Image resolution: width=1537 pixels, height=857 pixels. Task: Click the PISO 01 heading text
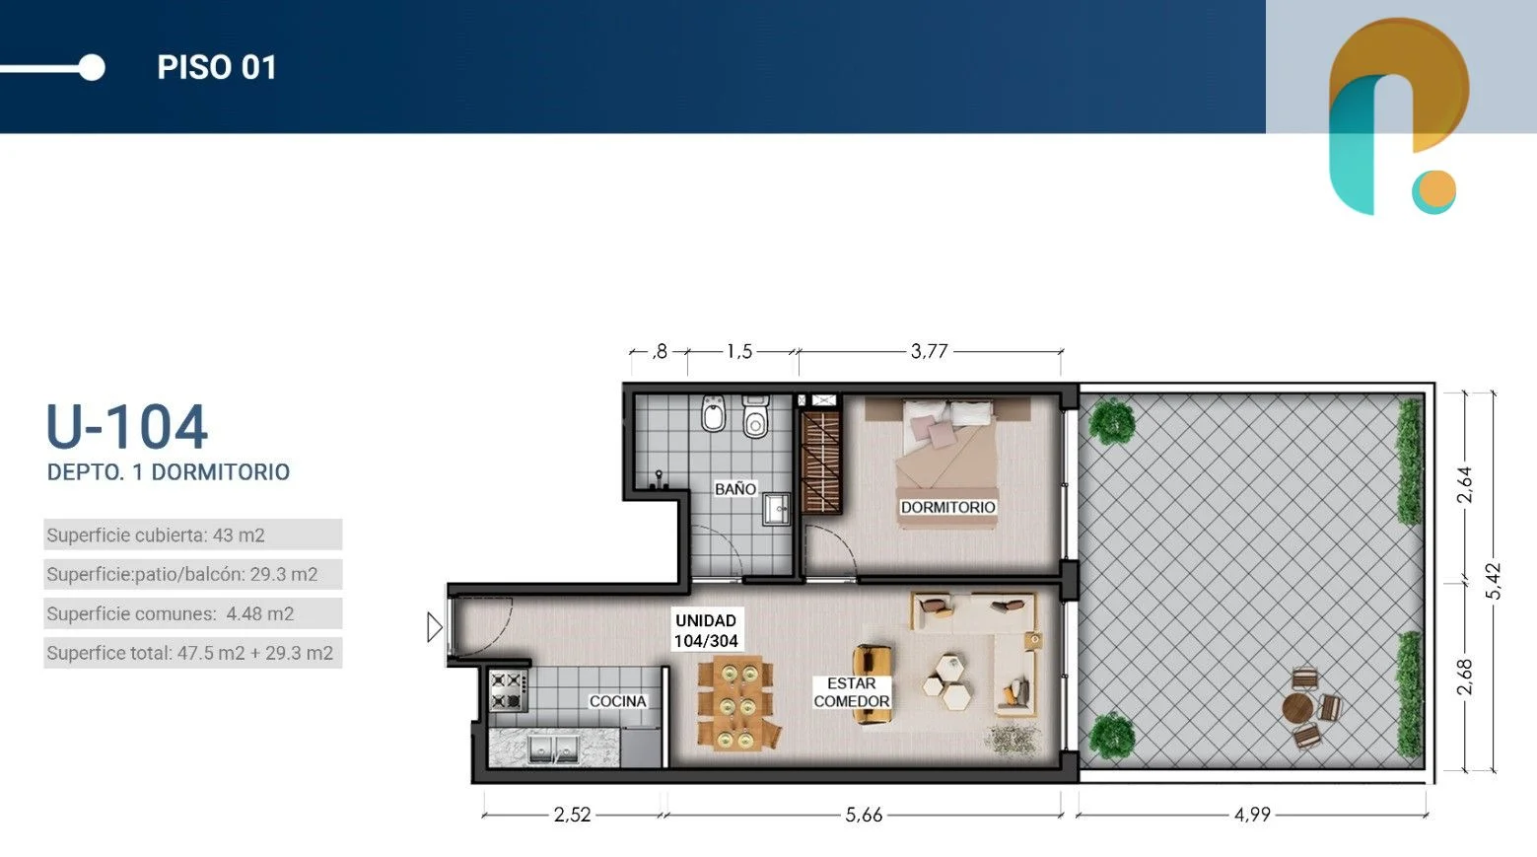point(217,68)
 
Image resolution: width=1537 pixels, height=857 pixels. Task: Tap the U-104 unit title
point(127,427)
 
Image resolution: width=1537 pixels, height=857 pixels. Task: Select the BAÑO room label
point(734,489)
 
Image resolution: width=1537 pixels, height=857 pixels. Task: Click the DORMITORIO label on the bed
point(947,507)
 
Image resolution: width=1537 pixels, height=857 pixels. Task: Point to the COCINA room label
point(617,701)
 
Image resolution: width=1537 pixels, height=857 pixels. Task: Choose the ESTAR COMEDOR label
point(852,692)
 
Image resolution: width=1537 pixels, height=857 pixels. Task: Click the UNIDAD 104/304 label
point(706,630)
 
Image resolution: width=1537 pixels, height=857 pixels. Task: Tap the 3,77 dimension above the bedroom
point(929,351)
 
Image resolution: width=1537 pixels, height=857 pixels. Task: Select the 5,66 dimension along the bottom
point(864,815)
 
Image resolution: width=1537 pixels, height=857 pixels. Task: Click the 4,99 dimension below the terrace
point(1252,815)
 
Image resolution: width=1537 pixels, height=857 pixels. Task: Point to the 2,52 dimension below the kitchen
point(572,815)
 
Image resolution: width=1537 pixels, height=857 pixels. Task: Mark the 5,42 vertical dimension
point(1494,581)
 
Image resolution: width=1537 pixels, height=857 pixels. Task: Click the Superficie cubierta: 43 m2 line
point(156,536)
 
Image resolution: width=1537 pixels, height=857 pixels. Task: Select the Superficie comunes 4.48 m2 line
point(171,613)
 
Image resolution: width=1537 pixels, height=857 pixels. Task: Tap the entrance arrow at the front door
point(435,627)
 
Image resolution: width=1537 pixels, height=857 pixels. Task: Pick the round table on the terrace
point(1296,707)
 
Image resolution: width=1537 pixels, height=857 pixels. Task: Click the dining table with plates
point(736,703)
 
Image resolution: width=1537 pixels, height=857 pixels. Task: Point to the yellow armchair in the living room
point(873,684)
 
